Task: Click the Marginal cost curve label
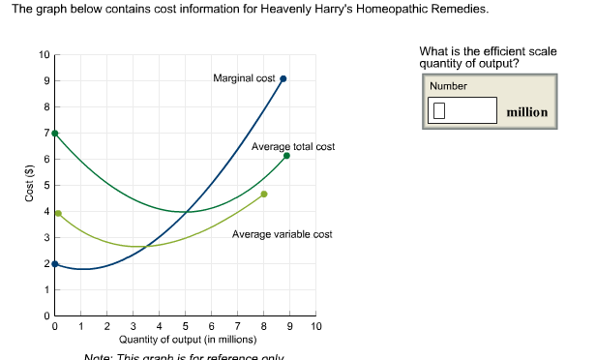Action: tap(244, 77)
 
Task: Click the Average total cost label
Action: tap(293, 146)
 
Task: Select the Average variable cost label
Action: tap(283, 234)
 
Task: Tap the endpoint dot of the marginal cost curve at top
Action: tap(283, 79)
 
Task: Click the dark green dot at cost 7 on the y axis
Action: tap(55, 134)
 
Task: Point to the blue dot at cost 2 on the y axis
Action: tap(55, 263)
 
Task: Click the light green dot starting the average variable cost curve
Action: tap(58, 214)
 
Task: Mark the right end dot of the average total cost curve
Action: tap(286, 156)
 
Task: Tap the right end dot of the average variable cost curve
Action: tap(264, 195)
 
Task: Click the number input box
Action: tap(462, 110)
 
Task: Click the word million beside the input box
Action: tap(526, 112)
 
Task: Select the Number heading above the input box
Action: tap(448, 86)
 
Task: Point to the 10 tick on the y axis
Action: tap(45, 54)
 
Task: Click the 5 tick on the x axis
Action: tap(186, 326)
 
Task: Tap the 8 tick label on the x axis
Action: tap(264, 326)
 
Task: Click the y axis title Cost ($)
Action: tap(28, 184)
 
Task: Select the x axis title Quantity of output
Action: tap(187, 340)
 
